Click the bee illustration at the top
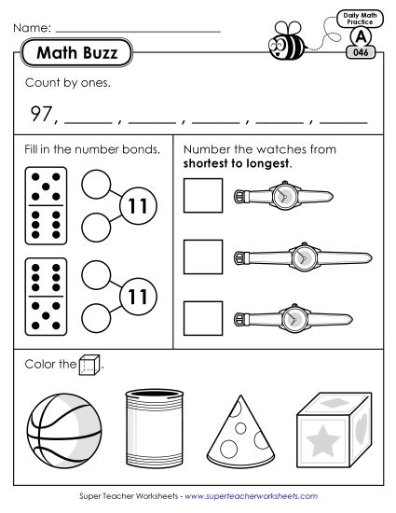[284, 40]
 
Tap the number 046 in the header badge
[360, 53]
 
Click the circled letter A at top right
[360, 35]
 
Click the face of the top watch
[284, 196]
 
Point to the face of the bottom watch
[294, 318]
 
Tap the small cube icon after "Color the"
[90, 365]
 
